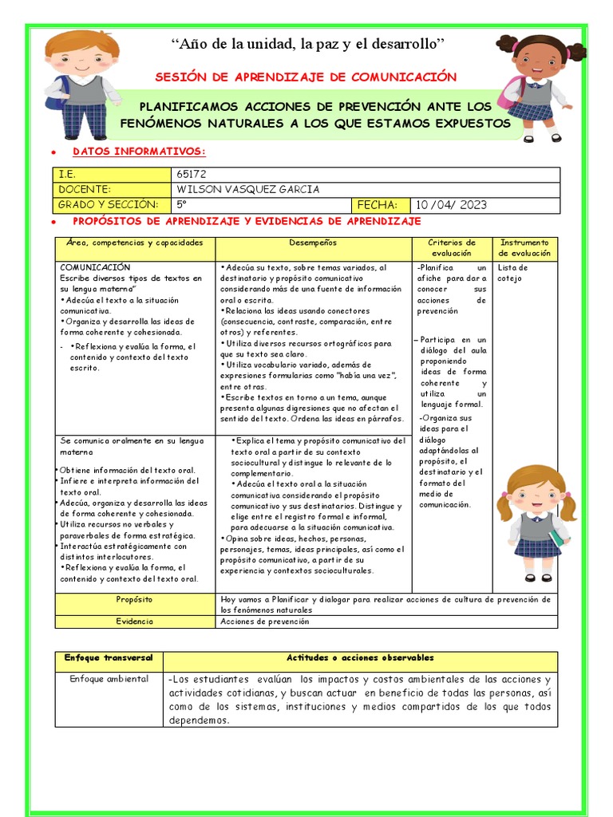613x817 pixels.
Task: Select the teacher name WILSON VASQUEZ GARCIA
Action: tap(247, 189)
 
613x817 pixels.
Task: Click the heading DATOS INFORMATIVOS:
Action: tap(139, 152)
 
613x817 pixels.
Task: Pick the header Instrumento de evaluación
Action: tap(524, 247)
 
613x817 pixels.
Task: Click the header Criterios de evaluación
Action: tap(452, 247)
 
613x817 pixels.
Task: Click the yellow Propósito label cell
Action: tap(134, 599)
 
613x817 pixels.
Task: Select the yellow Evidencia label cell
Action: tap(134, 621)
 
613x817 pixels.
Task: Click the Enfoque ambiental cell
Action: tap(109, 679)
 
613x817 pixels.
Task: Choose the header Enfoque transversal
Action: tap(109, 658)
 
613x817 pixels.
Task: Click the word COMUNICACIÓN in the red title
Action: tap(403, 77)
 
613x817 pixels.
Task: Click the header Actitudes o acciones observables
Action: tap(360, 658)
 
